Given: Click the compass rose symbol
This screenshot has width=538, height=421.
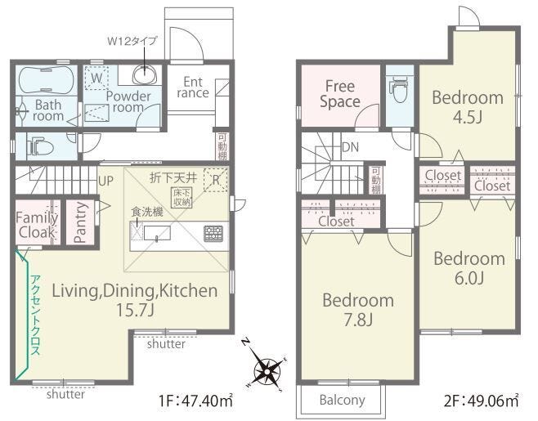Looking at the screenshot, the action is tap(267, 365).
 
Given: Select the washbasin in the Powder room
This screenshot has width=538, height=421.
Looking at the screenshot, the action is tap(145, 74).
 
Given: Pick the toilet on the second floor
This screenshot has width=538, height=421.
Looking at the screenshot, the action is tap(399, 89).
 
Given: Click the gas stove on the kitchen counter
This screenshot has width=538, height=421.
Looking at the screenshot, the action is tap(213, 234).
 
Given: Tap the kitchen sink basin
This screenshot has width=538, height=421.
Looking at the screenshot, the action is tap(157, 234).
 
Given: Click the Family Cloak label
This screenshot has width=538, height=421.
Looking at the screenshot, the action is tap(37, 225).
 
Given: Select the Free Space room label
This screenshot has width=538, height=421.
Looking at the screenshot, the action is tap(339, 94).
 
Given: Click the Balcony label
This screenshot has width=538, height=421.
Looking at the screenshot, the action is tap(342, 400).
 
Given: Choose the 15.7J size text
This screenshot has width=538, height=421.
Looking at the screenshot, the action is tap(135, 311).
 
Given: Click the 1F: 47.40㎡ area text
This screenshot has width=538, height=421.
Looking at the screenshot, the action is tap(196, 401).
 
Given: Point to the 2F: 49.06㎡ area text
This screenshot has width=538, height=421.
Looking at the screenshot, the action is tap(481, 401).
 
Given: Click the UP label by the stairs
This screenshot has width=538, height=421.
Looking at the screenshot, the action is tap(105, 181).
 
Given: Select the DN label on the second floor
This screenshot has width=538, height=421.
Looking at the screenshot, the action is tap(350, 147).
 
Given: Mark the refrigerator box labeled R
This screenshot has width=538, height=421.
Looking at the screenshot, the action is tap(216, 180).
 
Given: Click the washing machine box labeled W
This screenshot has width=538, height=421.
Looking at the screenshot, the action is tap(96, 78).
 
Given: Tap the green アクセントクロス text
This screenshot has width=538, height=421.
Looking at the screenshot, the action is tap(36, 315).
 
